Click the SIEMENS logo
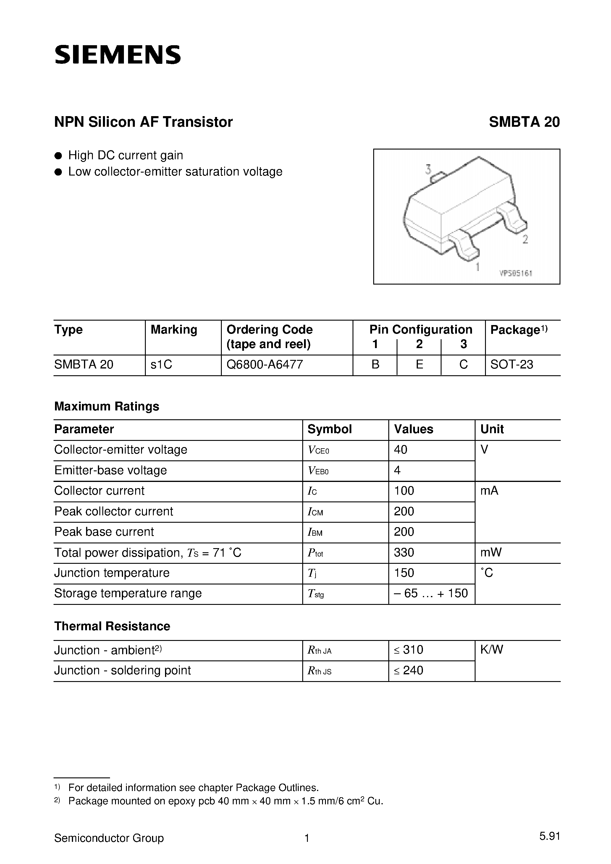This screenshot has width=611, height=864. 117,55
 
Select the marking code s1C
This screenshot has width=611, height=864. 161,364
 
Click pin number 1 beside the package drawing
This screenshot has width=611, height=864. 477,267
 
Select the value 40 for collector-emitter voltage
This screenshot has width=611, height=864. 400,450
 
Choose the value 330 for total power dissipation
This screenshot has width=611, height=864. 404,553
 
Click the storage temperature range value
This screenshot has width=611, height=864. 431,593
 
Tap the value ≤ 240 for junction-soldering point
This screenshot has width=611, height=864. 409,670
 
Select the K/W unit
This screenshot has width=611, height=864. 492,649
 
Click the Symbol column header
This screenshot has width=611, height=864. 330,429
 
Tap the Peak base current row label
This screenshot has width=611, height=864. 104,532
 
